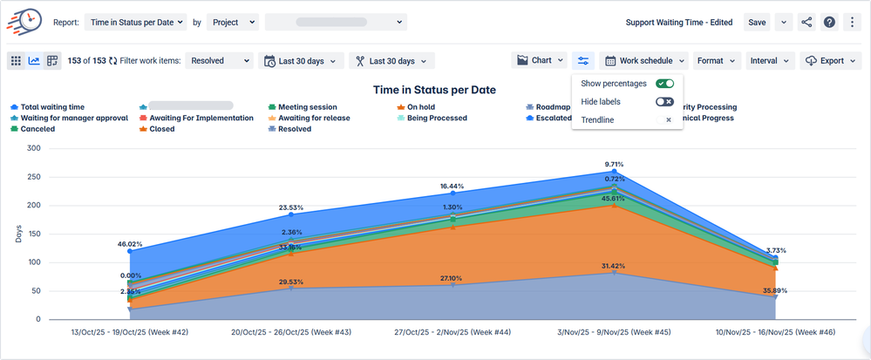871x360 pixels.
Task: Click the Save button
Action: [756, 22]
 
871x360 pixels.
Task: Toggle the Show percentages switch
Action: [665, 84]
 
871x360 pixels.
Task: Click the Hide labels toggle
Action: [665, 102]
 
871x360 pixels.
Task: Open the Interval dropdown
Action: [772, 61]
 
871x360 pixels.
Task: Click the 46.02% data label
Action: [129, 244]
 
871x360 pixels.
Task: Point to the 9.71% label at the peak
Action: [614, 163]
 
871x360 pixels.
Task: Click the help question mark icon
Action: [829, 22]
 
